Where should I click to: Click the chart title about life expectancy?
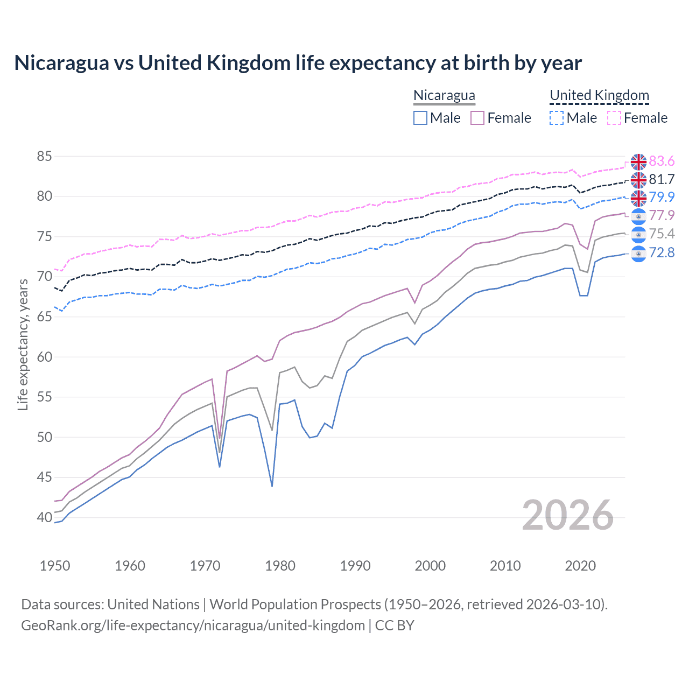(298, 63)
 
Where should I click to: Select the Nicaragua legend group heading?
(444, 95)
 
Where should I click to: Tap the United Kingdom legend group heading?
(599, 95)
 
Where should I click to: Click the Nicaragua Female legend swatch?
(477, 118)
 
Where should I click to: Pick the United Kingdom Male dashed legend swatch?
(557, 118)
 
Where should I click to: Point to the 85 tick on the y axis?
(45, 157)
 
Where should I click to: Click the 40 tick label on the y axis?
(45, 517)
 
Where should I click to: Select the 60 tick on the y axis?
(45, 357)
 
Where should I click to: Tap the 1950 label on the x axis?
(55, 566)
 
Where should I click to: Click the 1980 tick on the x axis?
(280, 566)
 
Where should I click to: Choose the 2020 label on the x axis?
(580, 566)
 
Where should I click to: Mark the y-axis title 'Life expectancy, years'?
(23, 344)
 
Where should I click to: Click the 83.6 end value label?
(662, 161)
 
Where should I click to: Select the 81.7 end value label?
(662, 179)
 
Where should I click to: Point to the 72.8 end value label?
(662, 252)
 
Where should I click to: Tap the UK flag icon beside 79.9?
(638, 198)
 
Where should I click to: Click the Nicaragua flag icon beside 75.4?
(638, 235)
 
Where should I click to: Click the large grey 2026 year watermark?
(568, 515)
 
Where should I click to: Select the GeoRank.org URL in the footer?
(193, 625)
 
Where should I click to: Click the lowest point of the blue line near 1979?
(272, 486)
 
